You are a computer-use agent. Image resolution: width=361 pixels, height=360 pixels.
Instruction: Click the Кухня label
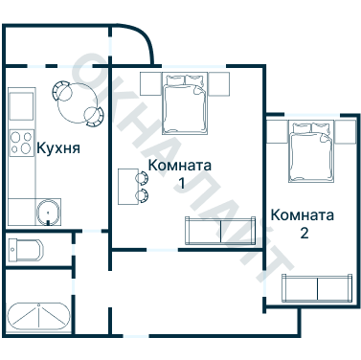(x=57, y=148)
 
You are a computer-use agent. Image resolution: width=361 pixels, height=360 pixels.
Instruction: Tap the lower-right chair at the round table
(x=93, y=117)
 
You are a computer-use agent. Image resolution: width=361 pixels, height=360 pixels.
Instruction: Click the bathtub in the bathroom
(x=38, y=316)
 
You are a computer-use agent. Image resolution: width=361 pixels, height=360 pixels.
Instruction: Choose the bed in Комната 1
(x=184, y=105)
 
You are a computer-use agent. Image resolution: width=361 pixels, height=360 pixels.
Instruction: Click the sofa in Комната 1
(x=220, y=231)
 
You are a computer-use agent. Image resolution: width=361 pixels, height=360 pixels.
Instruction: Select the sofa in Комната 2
(x=317, y=287)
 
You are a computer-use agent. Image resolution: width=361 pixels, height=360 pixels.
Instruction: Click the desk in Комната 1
(x=127, y=187)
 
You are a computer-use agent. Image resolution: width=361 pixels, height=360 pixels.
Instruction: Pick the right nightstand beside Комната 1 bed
(x=219, y=82)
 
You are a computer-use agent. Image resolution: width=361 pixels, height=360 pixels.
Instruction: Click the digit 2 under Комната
(x=304, y=233)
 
